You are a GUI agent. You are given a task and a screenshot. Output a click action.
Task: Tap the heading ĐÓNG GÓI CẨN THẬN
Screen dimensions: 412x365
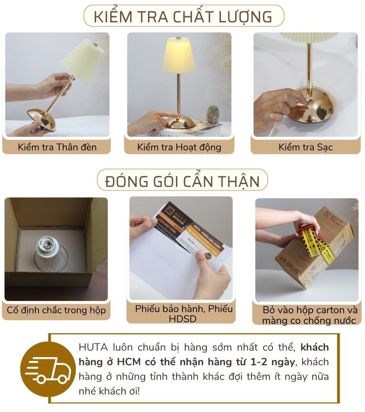[182, 181]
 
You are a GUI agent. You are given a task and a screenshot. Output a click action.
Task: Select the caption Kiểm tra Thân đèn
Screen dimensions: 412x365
[57, 147]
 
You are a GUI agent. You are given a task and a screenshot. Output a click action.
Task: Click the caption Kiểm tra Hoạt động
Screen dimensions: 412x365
[179, 147]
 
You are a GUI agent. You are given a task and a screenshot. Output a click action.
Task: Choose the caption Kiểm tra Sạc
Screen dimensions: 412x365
[305, 147]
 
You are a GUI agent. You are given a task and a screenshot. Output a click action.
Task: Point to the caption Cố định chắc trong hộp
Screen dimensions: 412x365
[56, 310]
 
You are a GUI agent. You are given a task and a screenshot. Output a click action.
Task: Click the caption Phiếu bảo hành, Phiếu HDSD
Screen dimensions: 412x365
[184, 313]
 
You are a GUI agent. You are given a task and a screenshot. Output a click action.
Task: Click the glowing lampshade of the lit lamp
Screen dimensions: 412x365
[178, 56]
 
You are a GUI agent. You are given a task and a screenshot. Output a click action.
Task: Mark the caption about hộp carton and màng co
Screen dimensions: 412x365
[309, 315]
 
